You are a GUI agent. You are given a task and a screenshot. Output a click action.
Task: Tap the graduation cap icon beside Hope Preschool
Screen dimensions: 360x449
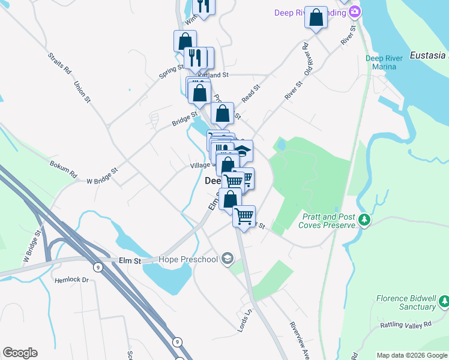227,259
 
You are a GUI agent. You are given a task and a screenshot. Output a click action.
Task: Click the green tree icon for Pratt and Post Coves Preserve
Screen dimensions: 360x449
364,221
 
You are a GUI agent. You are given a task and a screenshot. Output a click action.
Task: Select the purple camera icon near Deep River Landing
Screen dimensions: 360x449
355,11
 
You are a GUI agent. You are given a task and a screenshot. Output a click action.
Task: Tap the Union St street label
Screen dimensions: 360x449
82,91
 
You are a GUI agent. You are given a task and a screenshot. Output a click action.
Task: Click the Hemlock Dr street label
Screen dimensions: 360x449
71,280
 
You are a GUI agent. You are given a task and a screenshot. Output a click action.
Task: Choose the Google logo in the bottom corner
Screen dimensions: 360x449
20,353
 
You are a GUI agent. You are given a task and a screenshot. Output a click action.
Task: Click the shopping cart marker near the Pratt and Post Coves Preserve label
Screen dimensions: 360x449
244,215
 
